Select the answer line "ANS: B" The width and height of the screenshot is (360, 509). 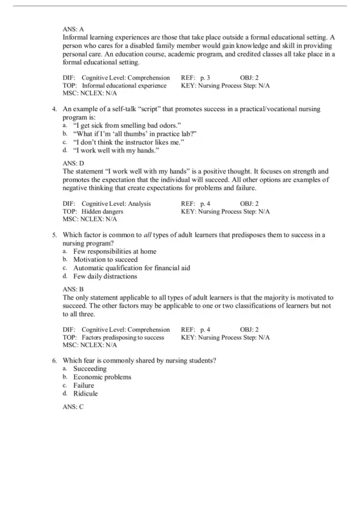pyautogui.click(x=73, y=289)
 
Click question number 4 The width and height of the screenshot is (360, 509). pyautogui.click(x=55, y=109)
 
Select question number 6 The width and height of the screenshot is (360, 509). pyautogui.click(x=55, y=360)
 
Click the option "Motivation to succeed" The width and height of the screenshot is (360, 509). pyautogui.click(x=105, y=260)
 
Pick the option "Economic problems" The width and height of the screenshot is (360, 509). pyautogui.click(x=102, y=377)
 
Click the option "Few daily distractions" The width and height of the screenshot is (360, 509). pyautogui.click(x=105, y=277)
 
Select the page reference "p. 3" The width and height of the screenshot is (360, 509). pyautogui.click(x=209, y=78)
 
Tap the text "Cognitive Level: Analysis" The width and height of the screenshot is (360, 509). pyautogui.click(x=116, y=204)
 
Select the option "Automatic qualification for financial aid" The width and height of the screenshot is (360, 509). pyautogui.click(x=131, y=268)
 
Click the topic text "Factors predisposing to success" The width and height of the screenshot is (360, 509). pyautogui.click(x=123, y=338)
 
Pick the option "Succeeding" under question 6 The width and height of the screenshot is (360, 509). pyautogui.click(x=90, y=369)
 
